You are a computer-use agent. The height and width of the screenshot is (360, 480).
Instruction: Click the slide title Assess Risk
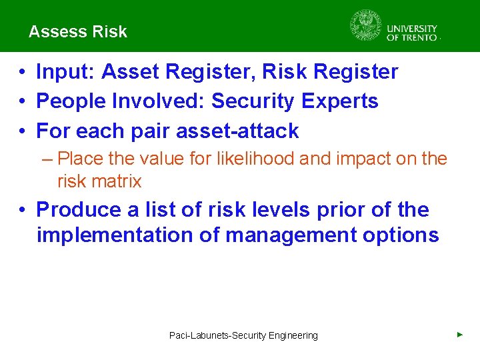coord(77,32)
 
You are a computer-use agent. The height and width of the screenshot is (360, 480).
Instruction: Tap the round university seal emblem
coord(365,26)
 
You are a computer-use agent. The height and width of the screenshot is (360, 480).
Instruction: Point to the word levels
coord(273,209)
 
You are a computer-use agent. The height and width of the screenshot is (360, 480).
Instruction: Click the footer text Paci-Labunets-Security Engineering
coord(243,335)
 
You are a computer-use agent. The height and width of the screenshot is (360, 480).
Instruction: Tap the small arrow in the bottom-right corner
coord(459,334)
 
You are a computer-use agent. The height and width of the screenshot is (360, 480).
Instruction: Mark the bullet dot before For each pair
coord(23,131)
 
